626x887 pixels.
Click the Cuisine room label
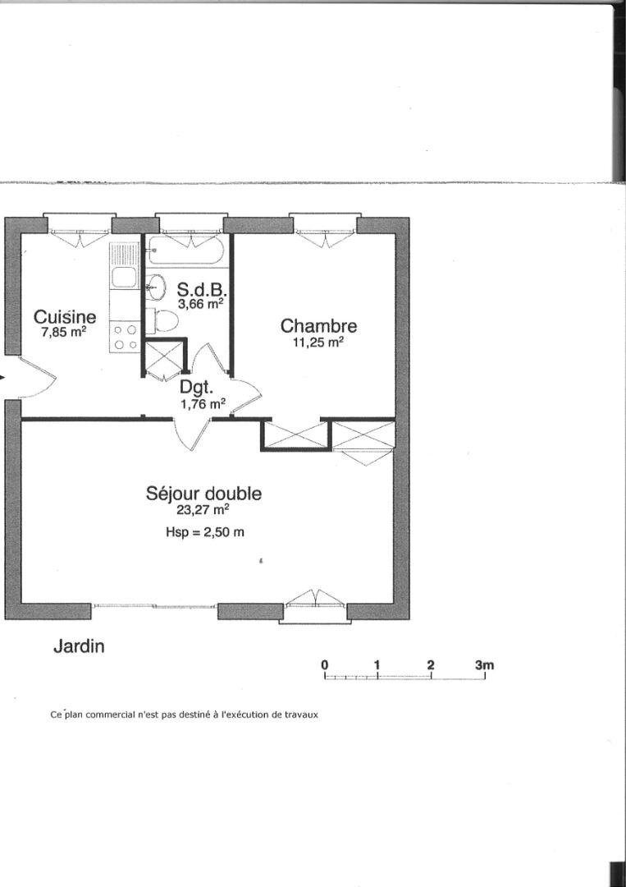pyautogui.click(x=65, y=317)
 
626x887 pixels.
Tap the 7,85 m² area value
pyautogui.click(x=64, y=332)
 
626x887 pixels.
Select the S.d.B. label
pyautogui.click(x=203, y=290)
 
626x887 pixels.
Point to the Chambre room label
pyautogui.click(x=318, y=326)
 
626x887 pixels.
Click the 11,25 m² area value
pyautogui.click(x=318, y=342)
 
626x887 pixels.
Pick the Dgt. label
pyautogui.click(x=197, y=388)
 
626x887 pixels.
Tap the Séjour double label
pyautogui.click(x=203, y=494)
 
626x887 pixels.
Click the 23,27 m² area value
pyautogui.click(x=203, y=510)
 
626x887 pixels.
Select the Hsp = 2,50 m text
pyautogui.click(x=205, y=532)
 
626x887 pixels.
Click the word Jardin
pyautogui.click(x=79, y=646)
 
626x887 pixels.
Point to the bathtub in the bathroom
pyautogui.click(x=186, y=250)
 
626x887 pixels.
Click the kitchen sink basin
pyautogui.click(x=124, y=278)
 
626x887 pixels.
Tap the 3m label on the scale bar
pyautogui.click(x=485, y=664)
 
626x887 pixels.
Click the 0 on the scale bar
pyautogui.click(x=325, y=664)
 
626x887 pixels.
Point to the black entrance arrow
pyautogui.click(x=2, y=378)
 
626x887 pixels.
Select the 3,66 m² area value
pyautogui.click(x=201, y=304)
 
